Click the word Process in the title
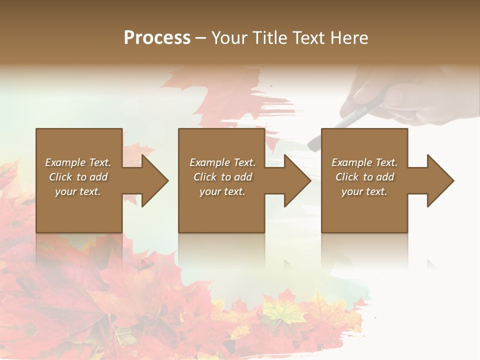(157, 38)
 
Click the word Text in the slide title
(308, 38)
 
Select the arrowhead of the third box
(439, 180)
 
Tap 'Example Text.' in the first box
(78, 162)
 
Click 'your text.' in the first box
(78, 191)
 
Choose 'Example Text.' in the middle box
(222, 162)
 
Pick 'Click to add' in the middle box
(222, 177)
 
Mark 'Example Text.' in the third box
(364, 162)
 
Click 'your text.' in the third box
(364, 191)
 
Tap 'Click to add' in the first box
(78, 177)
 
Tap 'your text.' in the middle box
(222, 191)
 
